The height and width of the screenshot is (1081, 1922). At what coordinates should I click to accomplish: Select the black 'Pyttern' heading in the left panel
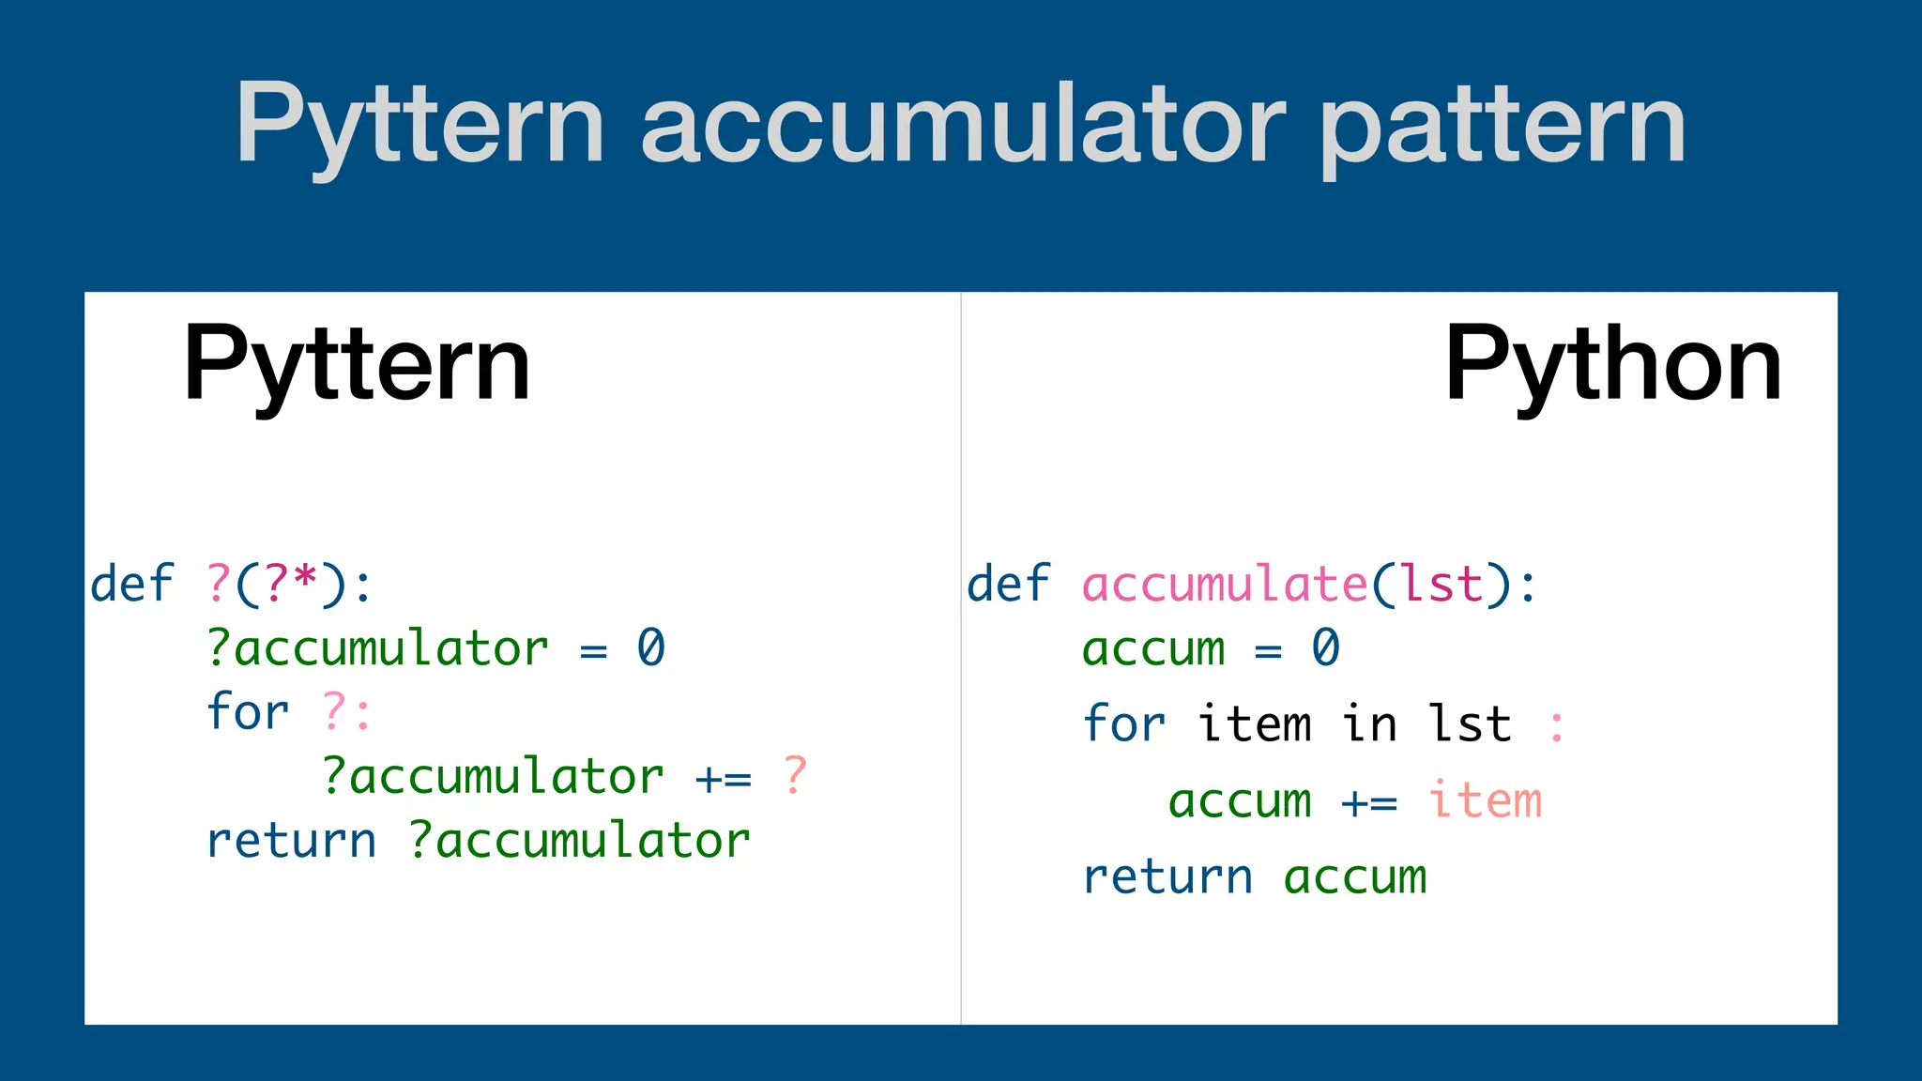pos(357,364)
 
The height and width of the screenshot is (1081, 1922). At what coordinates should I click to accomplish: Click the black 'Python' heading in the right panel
pos(1612,364)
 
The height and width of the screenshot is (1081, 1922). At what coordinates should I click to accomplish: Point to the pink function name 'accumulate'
pos(1225,584)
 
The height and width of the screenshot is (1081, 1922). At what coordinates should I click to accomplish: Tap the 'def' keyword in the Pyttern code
pos(131,584)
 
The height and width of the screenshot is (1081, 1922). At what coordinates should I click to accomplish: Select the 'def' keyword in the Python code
pos(1008,584)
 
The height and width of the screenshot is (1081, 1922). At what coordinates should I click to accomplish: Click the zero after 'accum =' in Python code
pos(1325,647)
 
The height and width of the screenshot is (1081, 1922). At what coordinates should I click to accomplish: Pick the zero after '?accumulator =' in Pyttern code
pos(650,647)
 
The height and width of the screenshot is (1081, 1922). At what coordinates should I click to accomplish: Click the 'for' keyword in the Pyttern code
pos(247,711)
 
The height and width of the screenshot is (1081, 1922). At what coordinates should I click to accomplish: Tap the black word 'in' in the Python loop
pos(1369,723)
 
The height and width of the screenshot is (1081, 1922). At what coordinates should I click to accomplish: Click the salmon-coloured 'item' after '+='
pos(1485,800)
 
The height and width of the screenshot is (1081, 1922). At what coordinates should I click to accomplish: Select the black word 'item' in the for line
pos(1255,723)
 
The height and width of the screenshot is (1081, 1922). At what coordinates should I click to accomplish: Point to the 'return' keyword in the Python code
pos(1167,876)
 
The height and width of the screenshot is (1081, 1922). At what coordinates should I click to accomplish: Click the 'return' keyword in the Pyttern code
pos(291,840)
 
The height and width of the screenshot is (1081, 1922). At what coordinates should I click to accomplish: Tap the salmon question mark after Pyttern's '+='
pos(795,775)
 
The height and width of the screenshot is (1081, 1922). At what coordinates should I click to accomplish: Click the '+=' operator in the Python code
pos(1369,802)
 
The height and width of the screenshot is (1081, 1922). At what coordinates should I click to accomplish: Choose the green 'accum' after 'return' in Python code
pos(1354,876)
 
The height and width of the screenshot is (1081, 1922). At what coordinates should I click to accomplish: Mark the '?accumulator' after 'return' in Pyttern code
pos(579,840)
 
